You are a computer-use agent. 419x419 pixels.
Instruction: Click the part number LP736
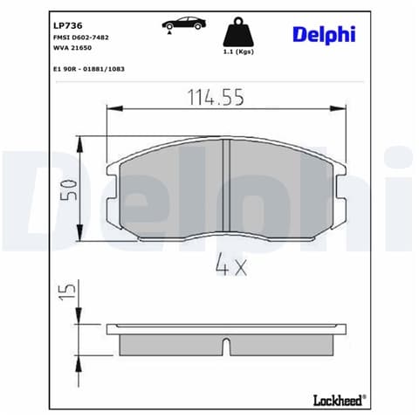click(x=68, y=25)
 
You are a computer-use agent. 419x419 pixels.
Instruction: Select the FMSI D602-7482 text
click(x=81, y=38)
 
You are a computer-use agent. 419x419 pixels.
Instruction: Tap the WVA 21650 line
click(x=72, y=48)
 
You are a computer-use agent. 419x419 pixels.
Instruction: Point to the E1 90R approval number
click(x=89, y=69)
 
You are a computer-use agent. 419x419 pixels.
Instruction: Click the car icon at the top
click(x=184, y=24)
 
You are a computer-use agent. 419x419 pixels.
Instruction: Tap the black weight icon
click(x=238, y=32)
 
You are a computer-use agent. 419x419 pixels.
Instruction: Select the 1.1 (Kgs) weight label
click(x=238, y=52)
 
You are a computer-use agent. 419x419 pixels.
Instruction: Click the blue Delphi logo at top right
click(x=324, y=35)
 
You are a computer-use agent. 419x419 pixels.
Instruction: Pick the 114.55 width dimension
click(x=216, y=98)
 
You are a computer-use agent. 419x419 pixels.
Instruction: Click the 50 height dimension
click(x=69, y=189)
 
